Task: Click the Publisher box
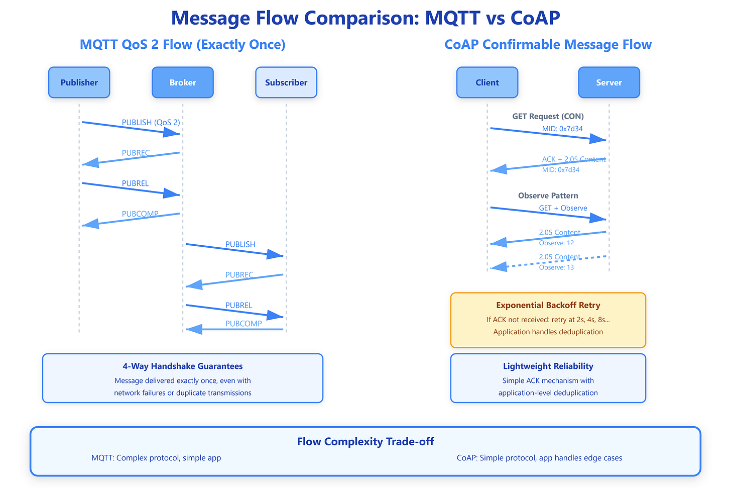click(x=79, y=82)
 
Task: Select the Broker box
click(x=183, y=82)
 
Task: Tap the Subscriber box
click(x=286, y=82)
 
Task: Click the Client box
click(x=487, y=82)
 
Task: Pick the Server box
click(x=609, y=82)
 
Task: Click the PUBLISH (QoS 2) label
click(x=151, y=123)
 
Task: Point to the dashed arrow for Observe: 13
click(x=548, y=262)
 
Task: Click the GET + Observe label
click(x=563, y=208)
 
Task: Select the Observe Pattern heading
click(x=548, y=196)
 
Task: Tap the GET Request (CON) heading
click(x=548, y=116)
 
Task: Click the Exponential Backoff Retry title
click(x=548, y=305)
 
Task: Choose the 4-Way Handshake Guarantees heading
click(x=183, y=366)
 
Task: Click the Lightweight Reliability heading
click(x=548, y=366)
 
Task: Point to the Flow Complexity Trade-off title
click(x=365, y=442)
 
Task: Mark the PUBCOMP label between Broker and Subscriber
click(x=243, y=324)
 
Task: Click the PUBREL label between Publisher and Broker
click(x=135, y=183)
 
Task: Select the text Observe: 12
click(x=556, y=243)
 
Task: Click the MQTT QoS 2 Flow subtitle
click(x=183, y=44)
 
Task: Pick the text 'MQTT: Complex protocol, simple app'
click(x=156, y=458)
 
